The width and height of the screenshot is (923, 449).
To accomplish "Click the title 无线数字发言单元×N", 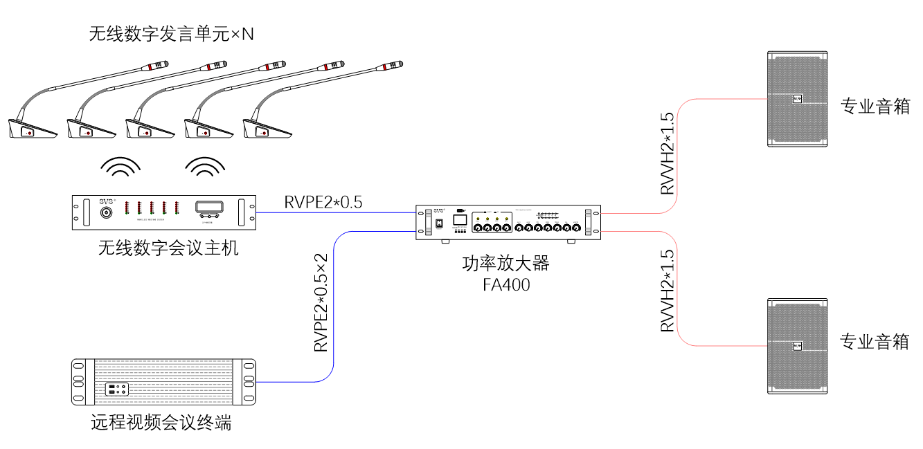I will [172, 33].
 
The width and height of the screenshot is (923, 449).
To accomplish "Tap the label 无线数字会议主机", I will [168, 248].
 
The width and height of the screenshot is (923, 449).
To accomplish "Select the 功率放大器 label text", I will [505, 264].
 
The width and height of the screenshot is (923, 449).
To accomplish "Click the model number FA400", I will [506, 284].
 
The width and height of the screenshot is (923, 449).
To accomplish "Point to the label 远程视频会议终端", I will [161, 422].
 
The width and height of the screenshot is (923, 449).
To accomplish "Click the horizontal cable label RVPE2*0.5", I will [323, 202].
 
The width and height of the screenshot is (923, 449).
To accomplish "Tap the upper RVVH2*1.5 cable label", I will [667, 154].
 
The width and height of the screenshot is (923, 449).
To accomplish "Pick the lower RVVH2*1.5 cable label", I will [667, 291].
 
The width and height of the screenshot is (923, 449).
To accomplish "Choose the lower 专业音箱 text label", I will [875, 341].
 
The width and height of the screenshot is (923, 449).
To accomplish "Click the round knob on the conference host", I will [107, 212].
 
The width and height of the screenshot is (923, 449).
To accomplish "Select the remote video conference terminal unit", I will [164, 382].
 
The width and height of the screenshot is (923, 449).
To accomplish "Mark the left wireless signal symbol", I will [120, 167].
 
